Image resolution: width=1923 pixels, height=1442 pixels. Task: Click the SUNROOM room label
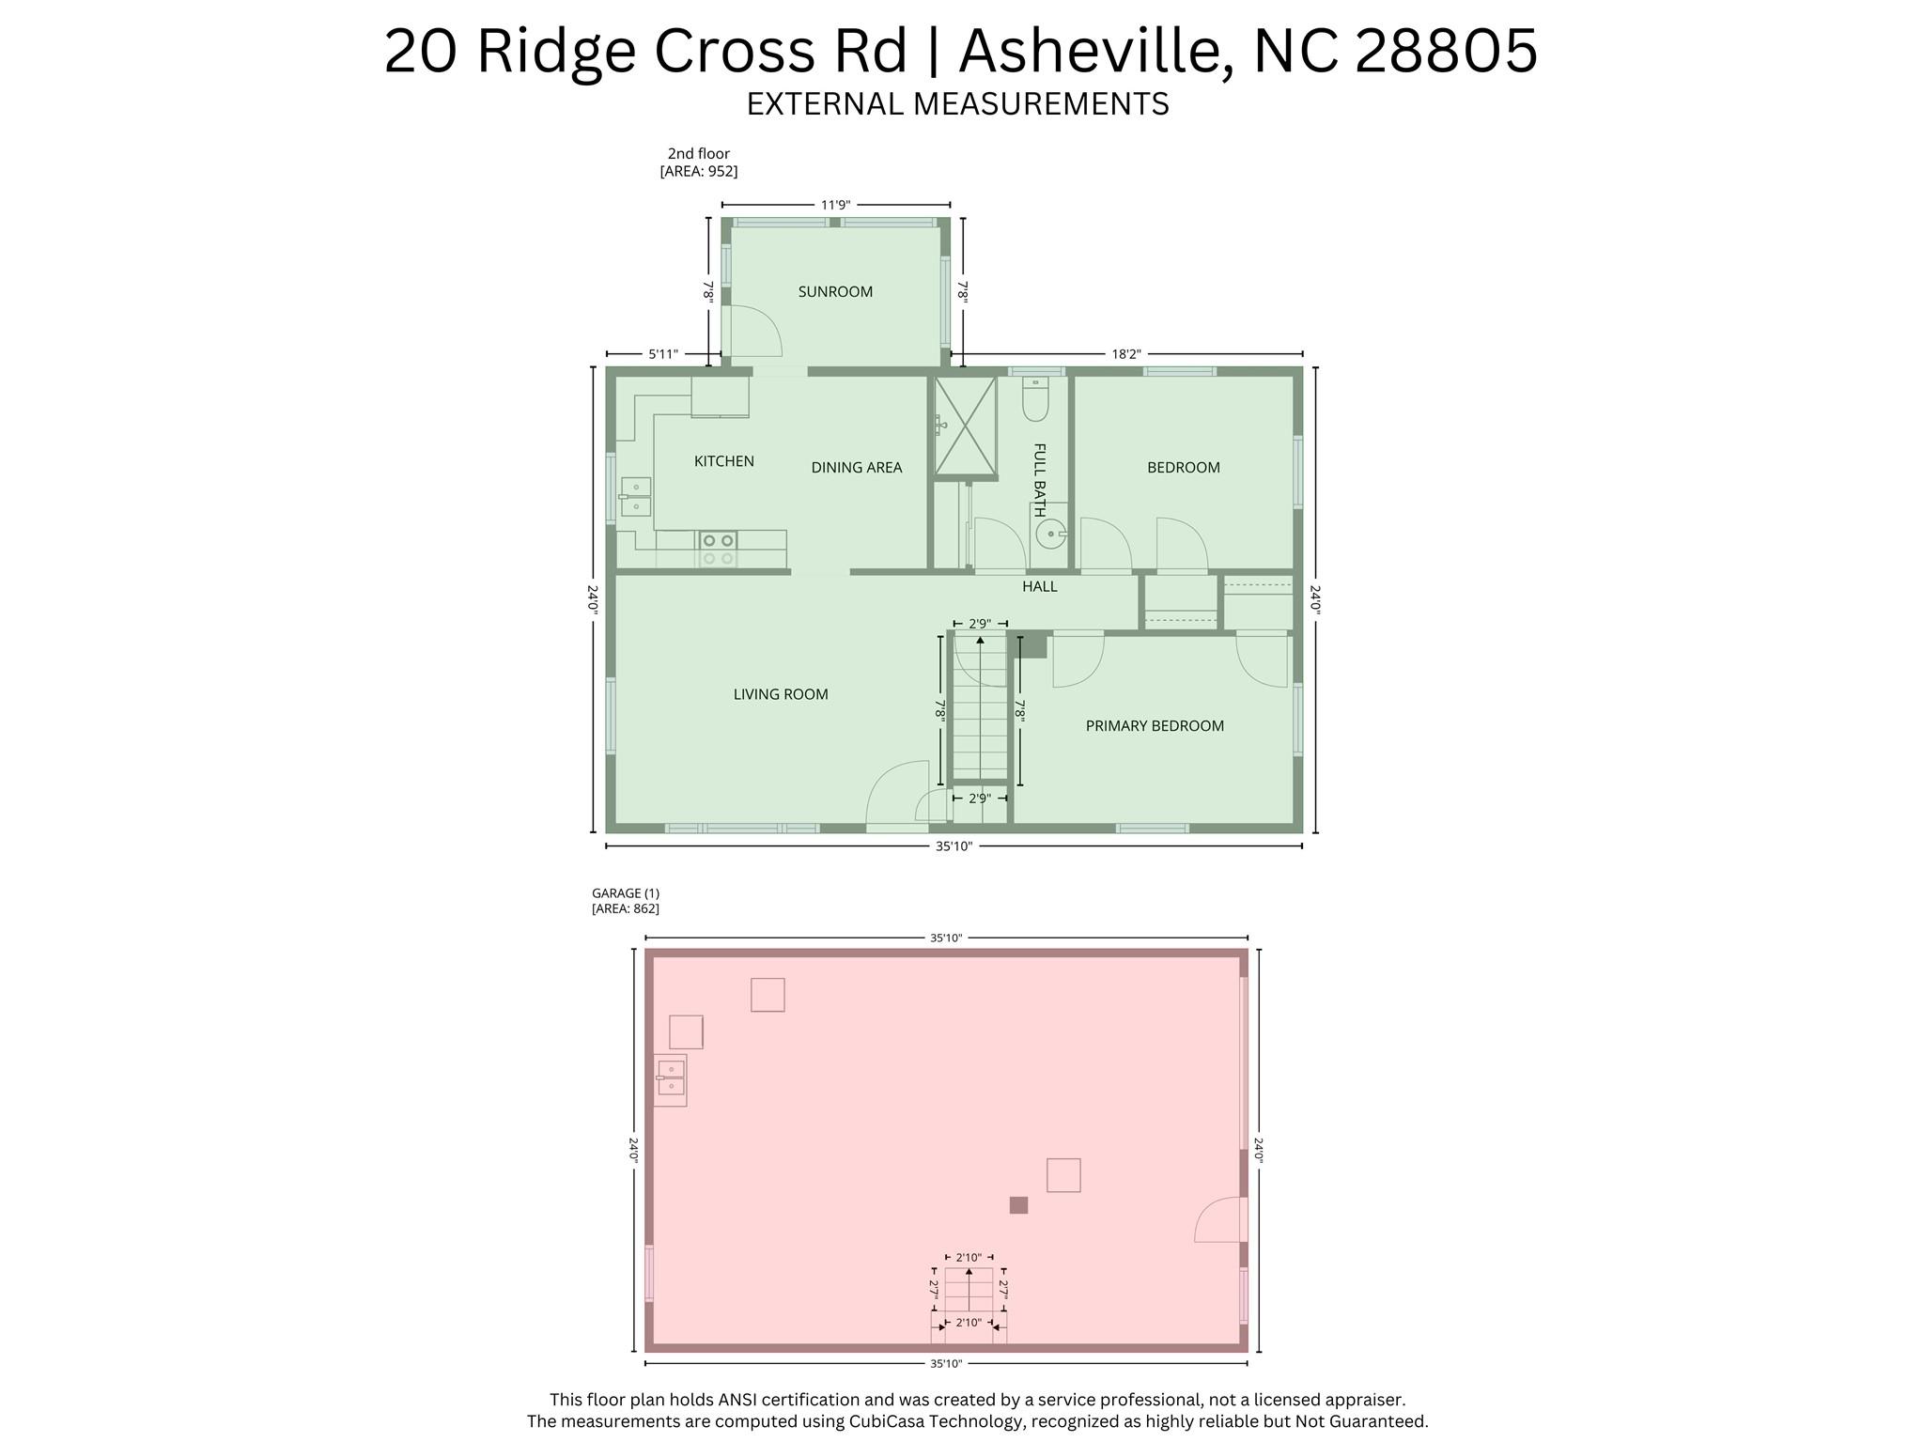tap(835, 292)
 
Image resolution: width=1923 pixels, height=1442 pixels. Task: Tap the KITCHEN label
tap(723, 461)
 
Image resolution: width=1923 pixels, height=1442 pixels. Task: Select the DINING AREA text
tap(856, 468)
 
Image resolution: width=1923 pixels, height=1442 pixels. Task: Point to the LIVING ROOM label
tap(781, 695)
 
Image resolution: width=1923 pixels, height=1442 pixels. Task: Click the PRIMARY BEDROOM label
tap(1155, 726)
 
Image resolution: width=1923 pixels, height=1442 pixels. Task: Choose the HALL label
tap(1039, 587)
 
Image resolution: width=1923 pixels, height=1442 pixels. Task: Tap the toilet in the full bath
tap(1035, 401)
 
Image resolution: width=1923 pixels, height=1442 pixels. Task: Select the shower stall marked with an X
tap(965, 426)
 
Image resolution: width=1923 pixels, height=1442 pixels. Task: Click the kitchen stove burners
tap(718, 550)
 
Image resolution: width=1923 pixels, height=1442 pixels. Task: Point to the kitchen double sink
tap(636, 497)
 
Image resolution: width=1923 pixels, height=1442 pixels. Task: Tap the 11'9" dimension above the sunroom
tap(835, 205)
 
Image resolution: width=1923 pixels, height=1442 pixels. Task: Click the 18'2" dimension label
tap(1125, 354)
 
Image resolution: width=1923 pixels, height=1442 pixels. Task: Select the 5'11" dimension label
tap(663, 354)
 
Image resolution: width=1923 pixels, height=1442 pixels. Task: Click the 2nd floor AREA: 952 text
tap(699, 172)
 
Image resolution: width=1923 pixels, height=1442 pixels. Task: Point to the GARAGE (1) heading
tap(626, 893)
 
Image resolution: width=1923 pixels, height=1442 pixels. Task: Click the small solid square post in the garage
tap(1018, 1205)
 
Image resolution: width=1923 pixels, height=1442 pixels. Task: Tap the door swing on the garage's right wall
tap(1219, 1220)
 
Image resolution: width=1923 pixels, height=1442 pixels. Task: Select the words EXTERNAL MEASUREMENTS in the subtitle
tap(957, 103)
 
